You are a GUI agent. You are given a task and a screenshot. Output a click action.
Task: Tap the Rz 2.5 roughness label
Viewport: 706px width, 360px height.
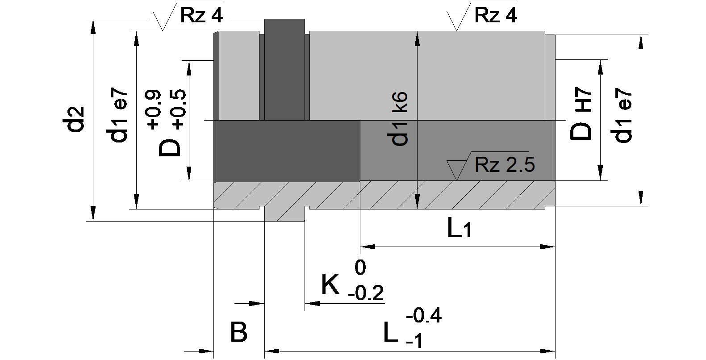coord(505,165)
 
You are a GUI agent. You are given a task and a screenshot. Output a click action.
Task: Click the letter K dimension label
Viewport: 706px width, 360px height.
coord(330,285)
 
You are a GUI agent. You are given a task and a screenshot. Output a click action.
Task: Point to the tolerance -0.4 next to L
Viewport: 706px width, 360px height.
coord(424,316)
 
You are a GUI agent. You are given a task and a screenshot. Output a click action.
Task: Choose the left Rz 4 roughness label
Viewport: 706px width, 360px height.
coord(201,16)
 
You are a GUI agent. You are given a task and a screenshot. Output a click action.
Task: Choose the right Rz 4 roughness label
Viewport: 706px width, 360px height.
coord(496,16)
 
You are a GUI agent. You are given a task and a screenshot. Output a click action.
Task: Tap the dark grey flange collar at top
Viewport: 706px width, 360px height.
coord(284,69)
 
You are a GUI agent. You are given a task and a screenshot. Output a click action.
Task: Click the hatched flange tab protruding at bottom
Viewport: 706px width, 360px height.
coord(284,214)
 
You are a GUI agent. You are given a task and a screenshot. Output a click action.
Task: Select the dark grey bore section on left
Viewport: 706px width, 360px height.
coord(288,151)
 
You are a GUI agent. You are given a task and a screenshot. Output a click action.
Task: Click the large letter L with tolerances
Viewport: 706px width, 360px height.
coord(391,332)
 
